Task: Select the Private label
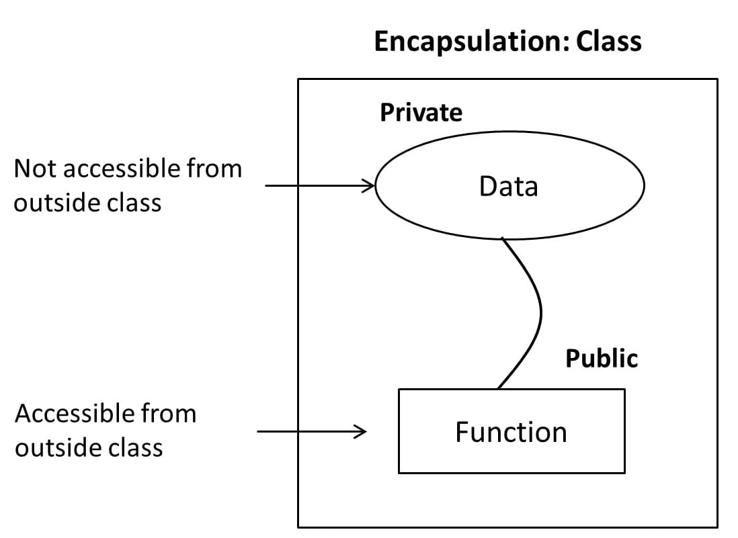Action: tap(421, 112)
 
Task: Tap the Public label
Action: tap(601, 359)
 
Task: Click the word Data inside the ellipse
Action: tap(509, 186)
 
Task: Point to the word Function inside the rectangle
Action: tap(511, 432)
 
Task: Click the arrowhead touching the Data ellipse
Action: tap(370, 185)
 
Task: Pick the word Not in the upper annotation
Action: tap(33, 168)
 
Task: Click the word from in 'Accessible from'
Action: tap(175, 413)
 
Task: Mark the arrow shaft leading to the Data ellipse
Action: tap(316, 185)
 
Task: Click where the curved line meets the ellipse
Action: tap(503, 238)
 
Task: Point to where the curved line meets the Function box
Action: tap(498, 388)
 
